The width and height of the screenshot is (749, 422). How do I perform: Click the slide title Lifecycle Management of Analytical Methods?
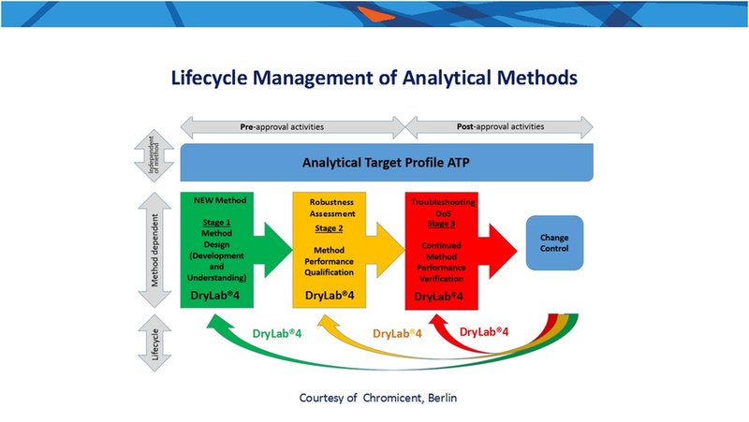[x=374, y=78]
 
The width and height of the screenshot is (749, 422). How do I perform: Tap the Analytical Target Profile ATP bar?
[x=387, y=162]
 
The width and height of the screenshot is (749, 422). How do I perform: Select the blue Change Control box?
[x=554, y=243]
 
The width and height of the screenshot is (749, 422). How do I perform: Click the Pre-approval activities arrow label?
[x=282, y=127]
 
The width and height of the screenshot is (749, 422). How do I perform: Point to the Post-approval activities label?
[x=500, y=126]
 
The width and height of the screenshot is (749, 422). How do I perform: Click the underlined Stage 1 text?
[x=216, y=223]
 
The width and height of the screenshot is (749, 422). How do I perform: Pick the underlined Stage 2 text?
[x=330, y=228]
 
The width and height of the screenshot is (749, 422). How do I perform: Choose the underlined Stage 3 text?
[x=441, y=224]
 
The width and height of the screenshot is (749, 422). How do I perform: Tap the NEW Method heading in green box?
[x=220, y=200]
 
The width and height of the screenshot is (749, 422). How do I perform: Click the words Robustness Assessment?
[x=332, y=208]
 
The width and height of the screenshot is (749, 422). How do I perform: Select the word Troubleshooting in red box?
[x=443, y=202]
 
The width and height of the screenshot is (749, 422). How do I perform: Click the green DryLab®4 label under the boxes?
[x=277, y=333]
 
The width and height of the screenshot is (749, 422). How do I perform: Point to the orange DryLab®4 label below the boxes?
[x=397, y=333]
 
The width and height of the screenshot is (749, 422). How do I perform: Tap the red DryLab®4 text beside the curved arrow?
[x=484, y=331]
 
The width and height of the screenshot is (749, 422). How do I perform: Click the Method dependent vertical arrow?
[x=154, y=250]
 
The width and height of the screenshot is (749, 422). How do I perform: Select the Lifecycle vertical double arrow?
[x=154, y=342]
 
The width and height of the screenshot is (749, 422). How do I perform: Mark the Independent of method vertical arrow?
[x=154, y=155]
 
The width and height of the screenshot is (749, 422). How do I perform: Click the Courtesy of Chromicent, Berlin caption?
[x=378, y=398]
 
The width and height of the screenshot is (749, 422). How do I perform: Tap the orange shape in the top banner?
[x=376, y=14]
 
